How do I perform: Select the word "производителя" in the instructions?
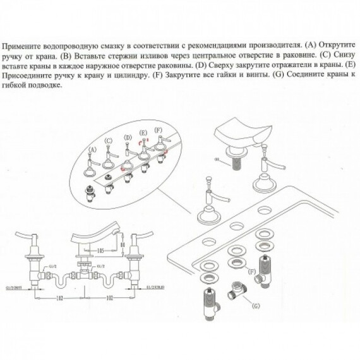coord(273,46)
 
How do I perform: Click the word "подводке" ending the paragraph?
coord(45,84)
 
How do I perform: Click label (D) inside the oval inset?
coord(128,136)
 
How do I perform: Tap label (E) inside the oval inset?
coord(143,132)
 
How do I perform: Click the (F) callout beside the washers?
coord(252,272)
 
